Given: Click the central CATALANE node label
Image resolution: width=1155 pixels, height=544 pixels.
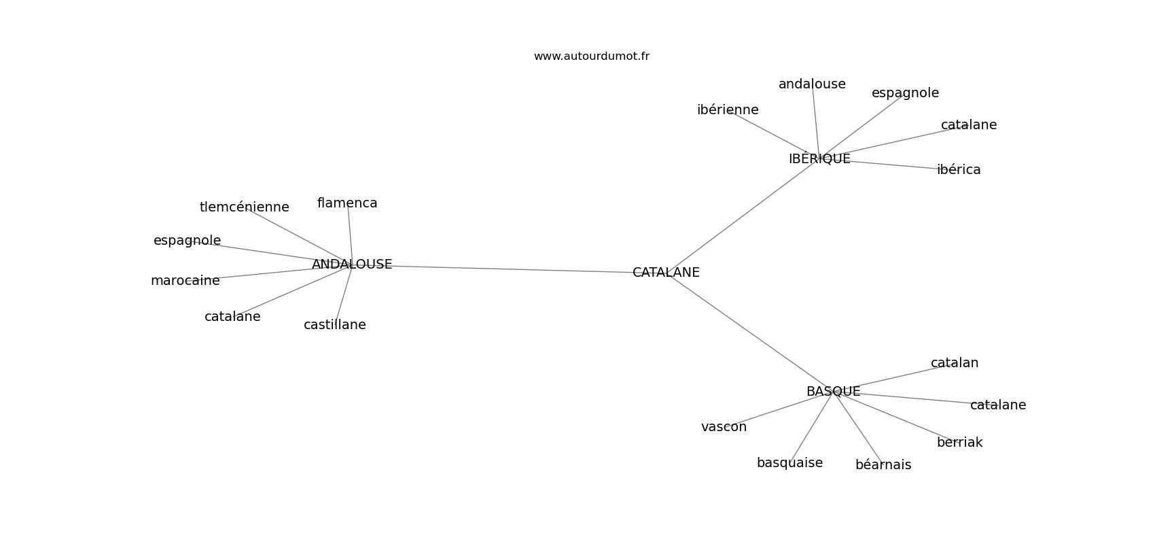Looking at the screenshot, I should pyautogui.click(x=666, y=273).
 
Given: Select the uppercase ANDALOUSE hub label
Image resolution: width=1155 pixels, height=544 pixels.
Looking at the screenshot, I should pyautogui.click(x=352, y=265).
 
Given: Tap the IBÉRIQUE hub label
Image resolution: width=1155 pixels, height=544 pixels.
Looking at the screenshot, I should pyautogui.click(x=819, y=159).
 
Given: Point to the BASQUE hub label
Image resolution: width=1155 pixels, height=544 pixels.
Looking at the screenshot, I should pyautogui.click(x=833, y=392).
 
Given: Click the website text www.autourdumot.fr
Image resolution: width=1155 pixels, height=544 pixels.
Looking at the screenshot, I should pyautogui.click(x=591, y=56).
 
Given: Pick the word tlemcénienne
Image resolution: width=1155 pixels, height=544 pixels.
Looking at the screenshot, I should pyautogui.click(x=244, y=207).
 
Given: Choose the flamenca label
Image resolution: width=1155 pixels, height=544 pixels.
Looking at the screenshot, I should pyautogui.click(x=347, y=203).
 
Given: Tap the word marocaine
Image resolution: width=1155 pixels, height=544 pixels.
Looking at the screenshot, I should pyautogui.click(x=185, y=281).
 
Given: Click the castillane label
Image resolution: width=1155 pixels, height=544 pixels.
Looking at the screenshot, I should pyautogui.click(x=334, y=325).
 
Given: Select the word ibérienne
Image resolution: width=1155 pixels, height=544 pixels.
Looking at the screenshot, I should pyautogui.click(x=728, y=110).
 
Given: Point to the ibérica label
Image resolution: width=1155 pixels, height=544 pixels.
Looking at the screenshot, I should pyautogui.click(x=959, y=170).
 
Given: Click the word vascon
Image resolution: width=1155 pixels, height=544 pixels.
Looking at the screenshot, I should pyautogui.click(x=724, y=427).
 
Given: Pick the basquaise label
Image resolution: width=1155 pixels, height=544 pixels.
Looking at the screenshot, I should pyautogui.click(x=789, y=463).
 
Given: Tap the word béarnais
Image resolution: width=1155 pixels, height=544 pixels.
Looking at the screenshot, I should pyautogui.click(x=883, y=465).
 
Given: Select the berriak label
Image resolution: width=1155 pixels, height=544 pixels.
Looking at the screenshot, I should pyautogui.click(x=959, y=443).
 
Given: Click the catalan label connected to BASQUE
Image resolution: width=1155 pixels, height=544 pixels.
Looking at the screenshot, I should pyautogui.click(x=955, y=363).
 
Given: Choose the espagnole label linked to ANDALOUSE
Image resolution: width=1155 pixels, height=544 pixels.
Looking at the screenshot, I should pyautogui.click(x=187, y=241).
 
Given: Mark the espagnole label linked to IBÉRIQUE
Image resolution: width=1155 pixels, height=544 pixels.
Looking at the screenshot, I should pyautogui.click(x=905, y=93).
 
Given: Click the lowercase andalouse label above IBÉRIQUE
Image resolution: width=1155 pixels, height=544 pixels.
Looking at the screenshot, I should pyautogui.click(x=812, y=84).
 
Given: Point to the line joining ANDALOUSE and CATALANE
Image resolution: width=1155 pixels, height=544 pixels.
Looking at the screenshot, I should pyautogui.click(x=510, y=269).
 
